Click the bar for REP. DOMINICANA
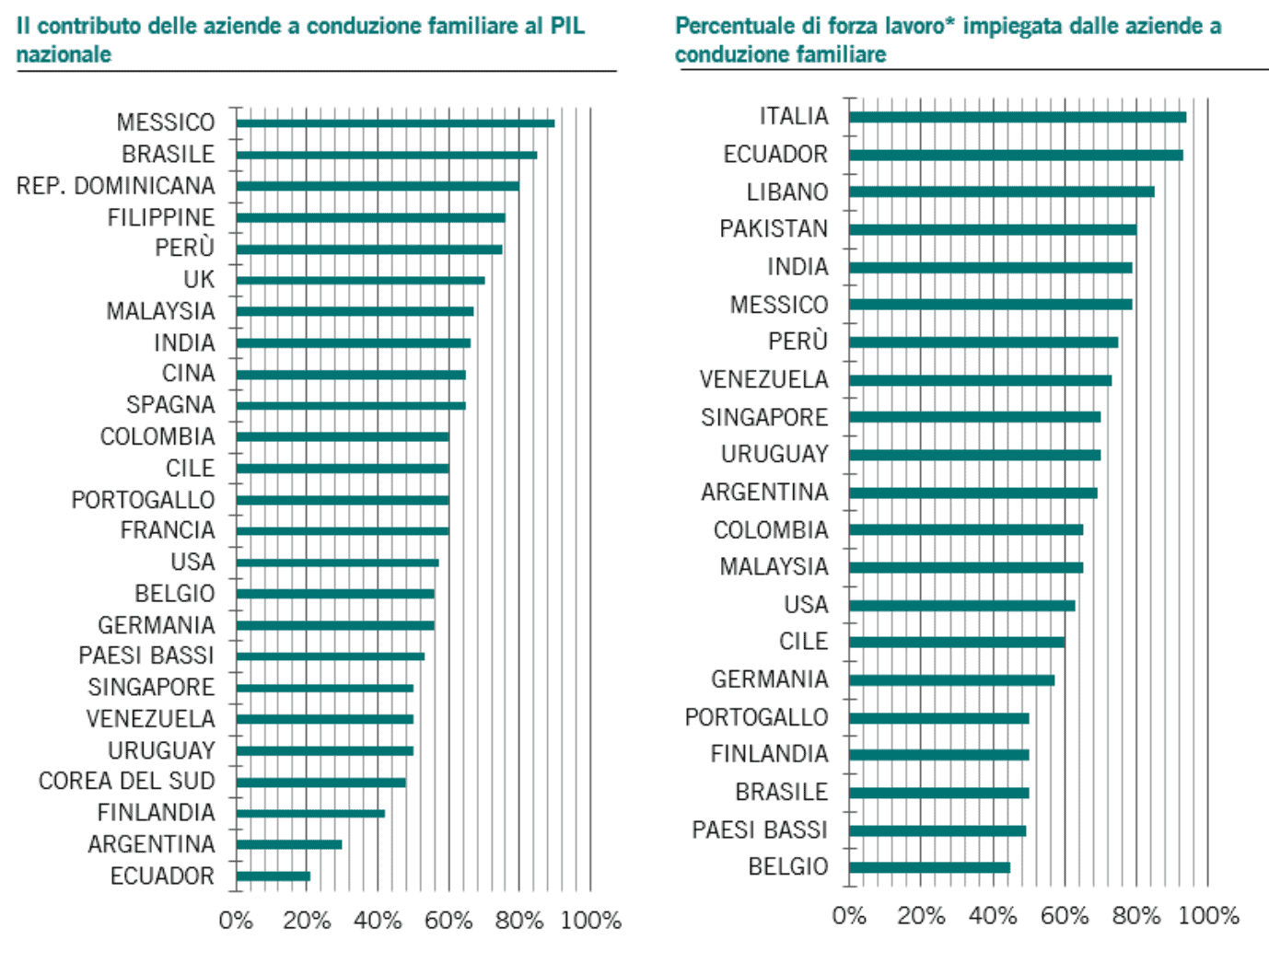click(x=378, y=186)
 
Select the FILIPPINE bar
click(x=370, y=218)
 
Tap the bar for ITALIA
click(x=1018, y=117)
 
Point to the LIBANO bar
click(x=1002, y=191)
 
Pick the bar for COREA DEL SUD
click(x=320, y=783)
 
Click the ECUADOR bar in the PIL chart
click(x=274, y=876)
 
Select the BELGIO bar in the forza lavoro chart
click(x=929, y=867)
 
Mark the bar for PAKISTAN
click(x=993, y=229)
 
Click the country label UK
click(x=199, y=279)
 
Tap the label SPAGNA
click(x=170, y=405)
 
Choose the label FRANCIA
click(x=168, y=530)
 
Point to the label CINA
click(x=189, y=374)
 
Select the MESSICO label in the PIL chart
click(x=166, y=122)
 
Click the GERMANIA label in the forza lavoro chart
click(x=770, y=679)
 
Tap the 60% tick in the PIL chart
click(x=448, y=920)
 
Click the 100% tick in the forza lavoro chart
click(x=1208, y=915)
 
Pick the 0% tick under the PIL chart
click(x=236, y=920)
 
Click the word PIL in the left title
click(x=567, y=26)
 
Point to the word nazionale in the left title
click(x=64, y=54)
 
